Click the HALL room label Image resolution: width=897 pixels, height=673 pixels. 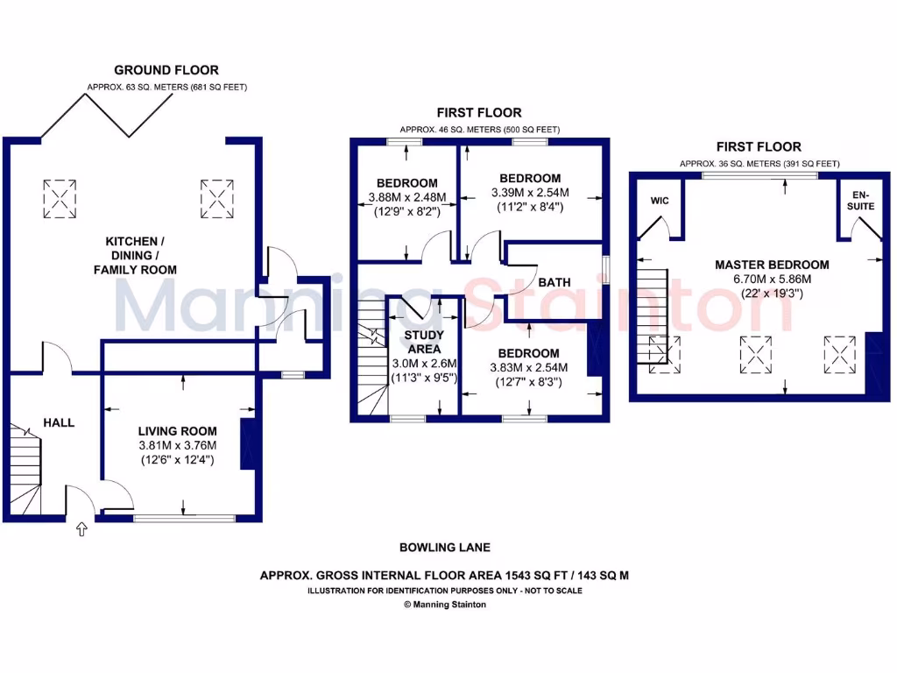59,422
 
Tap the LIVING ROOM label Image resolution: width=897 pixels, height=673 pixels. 178,431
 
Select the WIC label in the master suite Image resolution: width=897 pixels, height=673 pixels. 660,201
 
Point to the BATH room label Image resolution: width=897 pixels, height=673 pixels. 554,282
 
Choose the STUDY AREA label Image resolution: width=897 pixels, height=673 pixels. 424,343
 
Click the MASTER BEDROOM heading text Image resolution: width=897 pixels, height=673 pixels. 772,264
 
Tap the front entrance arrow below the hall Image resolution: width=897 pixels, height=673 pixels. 82,529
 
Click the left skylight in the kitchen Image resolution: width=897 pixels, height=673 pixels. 59,199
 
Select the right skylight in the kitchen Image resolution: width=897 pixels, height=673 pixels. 217,199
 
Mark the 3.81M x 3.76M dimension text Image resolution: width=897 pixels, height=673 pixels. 178,445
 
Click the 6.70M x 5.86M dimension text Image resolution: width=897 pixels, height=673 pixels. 772,279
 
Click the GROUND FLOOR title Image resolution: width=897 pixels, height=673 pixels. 166,70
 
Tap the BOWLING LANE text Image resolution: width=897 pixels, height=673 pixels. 444,548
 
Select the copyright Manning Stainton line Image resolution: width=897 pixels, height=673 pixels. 444,604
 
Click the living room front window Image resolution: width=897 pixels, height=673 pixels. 184,519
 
